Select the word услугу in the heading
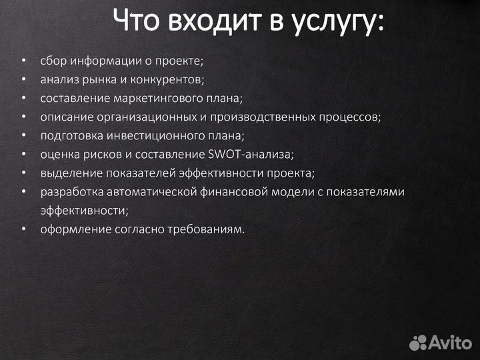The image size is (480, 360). pos(336,22)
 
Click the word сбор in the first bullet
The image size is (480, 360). pos(51,61)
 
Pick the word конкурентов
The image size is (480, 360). pos(171,80)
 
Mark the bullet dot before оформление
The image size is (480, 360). pos(24,229)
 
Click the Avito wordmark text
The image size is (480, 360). pos(451,342)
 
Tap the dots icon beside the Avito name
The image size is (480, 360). pos(419,343)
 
